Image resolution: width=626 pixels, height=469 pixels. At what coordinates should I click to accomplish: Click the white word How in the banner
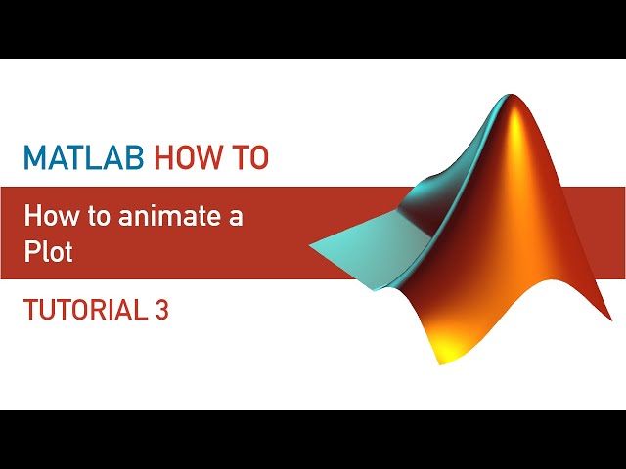(46, 217)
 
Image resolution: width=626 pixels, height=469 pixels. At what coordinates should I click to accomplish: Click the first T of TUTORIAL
(29, 310)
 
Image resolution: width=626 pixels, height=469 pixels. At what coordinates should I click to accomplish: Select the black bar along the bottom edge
(313, 440)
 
